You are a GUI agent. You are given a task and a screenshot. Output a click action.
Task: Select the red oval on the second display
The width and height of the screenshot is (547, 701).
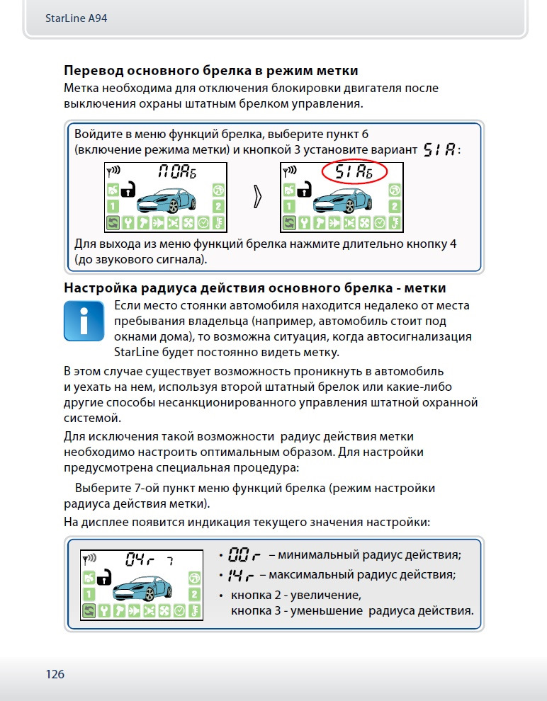pos(353,172)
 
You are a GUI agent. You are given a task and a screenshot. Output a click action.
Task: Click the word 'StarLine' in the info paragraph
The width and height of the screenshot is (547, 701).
pos(135,351)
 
